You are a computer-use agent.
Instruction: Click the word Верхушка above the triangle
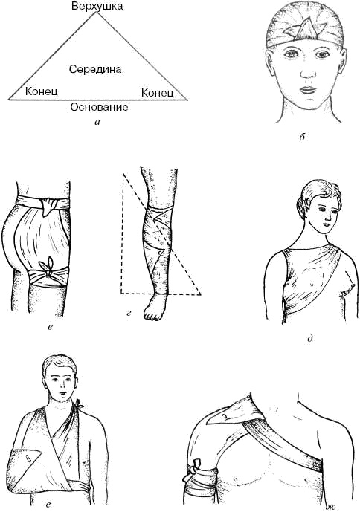(97, 6)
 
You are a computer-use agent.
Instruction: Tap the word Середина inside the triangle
(95, 69)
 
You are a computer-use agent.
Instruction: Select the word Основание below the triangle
(99, 107)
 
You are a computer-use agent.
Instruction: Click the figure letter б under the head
(301, 137)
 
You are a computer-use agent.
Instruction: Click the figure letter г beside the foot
(129, 314)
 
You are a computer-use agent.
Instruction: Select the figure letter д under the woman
(310, 339)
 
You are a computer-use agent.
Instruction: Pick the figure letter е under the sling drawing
(48, 505)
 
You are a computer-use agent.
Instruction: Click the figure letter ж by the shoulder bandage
(330, 507)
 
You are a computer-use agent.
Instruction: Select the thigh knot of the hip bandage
(47, 267)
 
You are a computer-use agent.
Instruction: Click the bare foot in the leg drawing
(155, 307)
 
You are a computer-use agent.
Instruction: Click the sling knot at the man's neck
(79, 404)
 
